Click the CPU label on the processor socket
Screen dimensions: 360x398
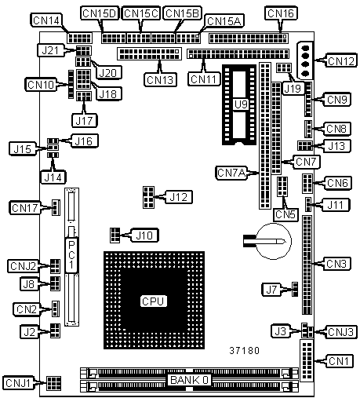[x=153, y=301]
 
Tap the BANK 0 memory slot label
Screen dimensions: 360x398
[x=190, y=380]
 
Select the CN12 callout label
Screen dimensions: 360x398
[x=341, y=60]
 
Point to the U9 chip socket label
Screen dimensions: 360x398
[x=241, y=104]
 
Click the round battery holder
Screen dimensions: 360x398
[x=273, y=241]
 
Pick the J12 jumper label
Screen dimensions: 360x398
[x=179, y=197]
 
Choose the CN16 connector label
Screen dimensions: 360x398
[x=281, y=13]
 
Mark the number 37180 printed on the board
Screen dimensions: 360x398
[x=245, y=350]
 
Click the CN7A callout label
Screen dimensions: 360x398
[x=231, y=173]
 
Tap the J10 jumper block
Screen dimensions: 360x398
[x=115, y=235]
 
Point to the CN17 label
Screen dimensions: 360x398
[x=25, y=208]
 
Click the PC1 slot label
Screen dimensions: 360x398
[x=71, y=255]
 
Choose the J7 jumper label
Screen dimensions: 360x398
[x=271, y=290]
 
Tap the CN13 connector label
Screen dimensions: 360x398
[x=160, y=79]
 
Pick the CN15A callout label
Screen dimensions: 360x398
[x=224, y=21]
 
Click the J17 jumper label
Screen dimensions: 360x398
[x=84, y=120]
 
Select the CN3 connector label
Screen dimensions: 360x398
[x=336, y=264]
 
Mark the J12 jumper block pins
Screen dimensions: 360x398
[x=148, y=197]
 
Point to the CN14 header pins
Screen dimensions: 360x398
[x=79, y=38]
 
